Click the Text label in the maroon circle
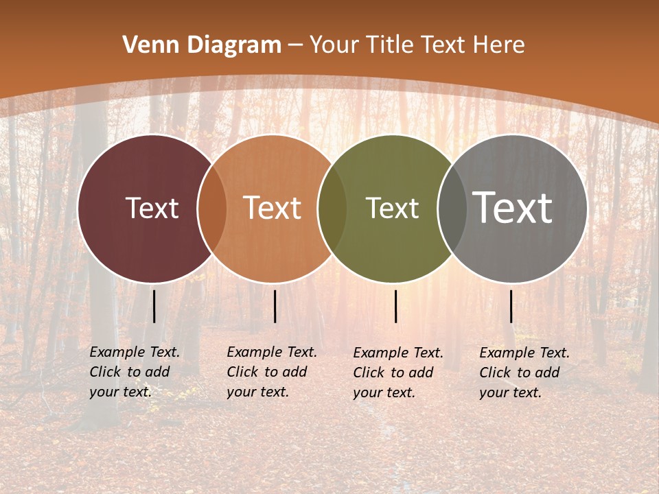pos(152,208)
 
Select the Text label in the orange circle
pos(273,208)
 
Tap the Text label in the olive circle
pos(393,208)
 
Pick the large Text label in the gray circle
pos(513,208)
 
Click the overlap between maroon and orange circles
pos(212,208)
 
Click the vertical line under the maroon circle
pos(154,306)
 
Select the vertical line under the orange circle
pos(275,306)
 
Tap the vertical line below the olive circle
pos(395,306)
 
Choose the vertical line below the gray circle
pos(511,306)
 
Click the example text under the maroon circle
pos(135,372)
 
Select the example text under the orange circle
pos(272,372)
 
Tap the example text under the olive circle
pos(398,373)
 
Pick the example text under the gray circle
pos(524,373)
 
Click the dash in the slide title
pos(295,45)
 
